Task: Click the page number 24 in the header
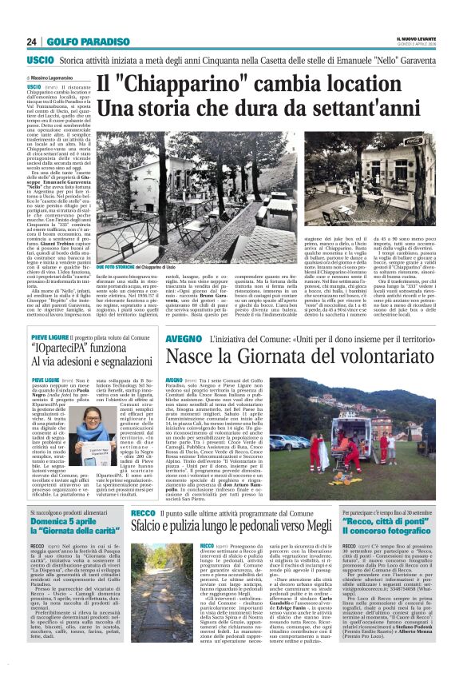pos(31,42)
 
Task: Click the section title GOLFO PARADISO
pos(76,42)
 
